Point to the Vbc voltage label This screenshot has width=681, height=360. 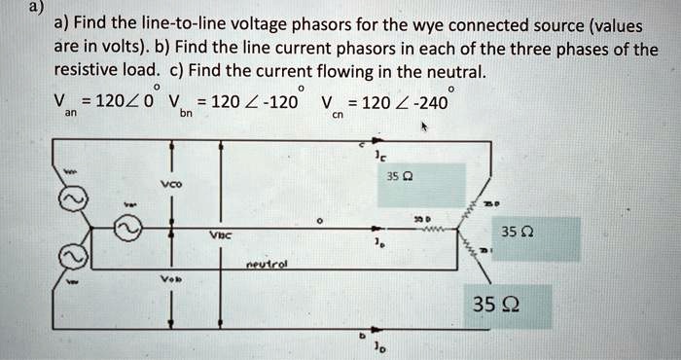220,234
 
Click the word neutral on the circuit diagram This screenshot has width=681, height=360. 264,263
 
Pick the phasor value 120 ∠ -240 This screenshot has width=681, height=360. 403,101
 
